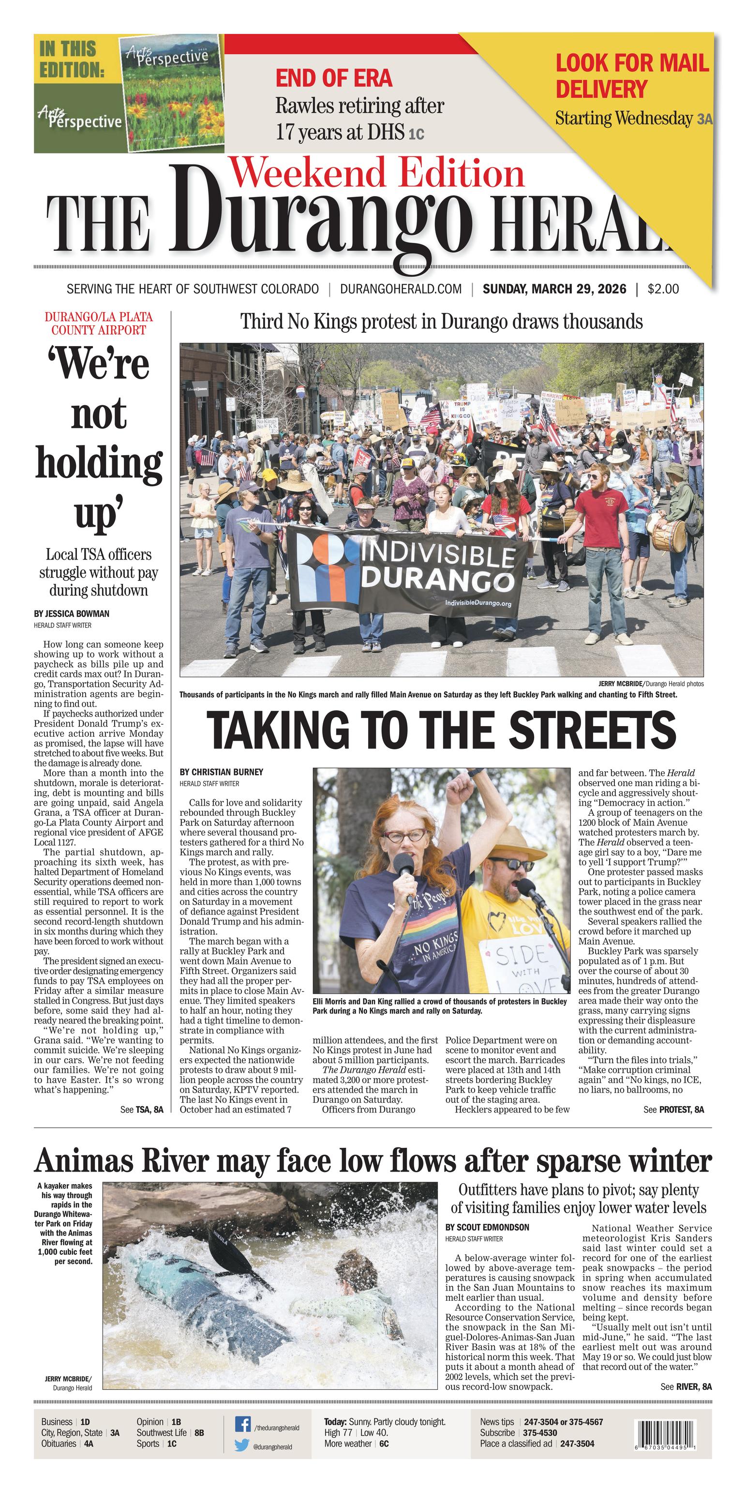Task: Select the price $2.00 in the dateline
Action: click(663, 289)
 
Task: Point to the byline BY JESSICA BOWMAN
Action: click(71, 614)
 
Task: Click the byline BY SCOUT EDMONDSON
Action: click(487, 1227)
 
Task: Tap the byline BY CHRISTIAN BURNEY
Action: click(221, 772)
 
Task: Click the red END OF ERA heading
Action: click(334, 78)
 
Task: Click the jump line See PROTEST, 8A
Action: click(673, 1109)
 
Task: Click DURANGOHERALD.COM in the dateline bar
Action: click(401, 289)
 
